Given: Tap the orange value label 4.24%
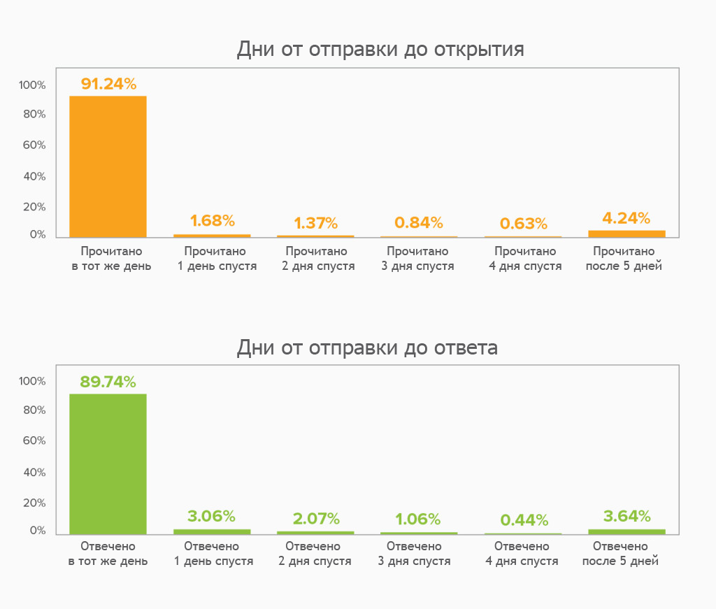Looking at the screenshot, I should pyautogui.click(x=626, y=218).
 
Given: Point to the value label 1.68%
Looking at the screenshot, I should pyautogui.click(x=212, y=221).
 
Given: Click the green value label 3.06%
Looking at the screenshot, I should pyautogui.click(x=211, y=517).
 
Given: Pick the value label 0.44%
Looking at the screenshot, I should pyautogui.click(x=524, y=520).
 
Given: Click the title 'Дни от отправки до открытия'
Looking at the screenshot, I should pyautogui.click(x=380, y=50).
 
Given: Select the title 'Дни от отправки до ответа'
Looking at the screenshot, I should pyautogui.click(x=367, y=348).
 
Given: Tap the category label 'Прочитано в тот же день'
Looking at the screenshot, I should pyautogui.click(x=111, y=259).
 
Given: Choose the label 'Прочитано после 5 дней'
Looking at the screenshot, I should pyautogui.click(x=624, y=259).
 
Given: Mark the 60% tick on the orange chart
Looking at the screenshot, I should pyautogui.click(x=33, y=145).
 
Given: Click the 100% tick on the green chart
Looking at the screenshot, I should pyautogui.click(x=33, y=381).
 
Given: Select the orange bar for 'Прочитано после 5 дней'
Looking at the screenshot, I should pyautogui.click(x=626, y=234).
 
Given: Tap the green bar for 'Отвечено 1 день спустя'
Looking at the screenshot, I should pyautogui.click(x=212, y=531).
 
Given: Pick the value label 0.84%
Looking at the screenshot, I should pyautogui.click(x=419, y=223).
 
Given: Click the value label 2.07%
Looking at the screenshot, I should pyautogui.click(x=316, y=519).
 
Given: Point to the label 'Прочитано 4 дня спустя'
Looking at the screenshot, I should pyautogui.click(x=524, y=259).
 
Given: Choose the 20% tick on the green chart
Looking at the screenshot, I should pyautogui.click(x=33, y=503).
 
